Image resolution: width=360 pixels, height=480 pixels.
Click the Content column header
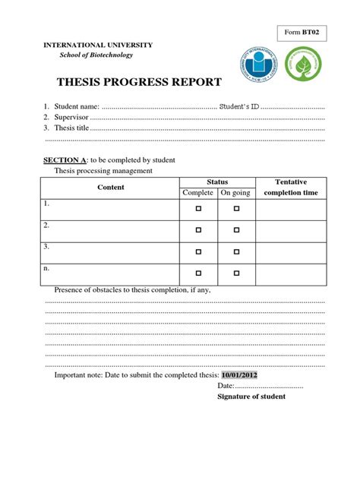coord(111,188)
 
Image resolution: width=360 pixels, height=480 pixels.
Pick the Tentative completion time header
coord(291,188)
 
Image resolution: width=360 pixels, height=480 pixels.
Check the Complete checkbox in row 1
coord(198,208)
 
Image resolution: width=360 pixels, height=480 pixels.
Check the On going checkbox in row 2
coord(236,229)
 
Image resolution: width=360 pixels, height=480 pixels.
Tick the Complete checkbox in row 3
coord(198,251)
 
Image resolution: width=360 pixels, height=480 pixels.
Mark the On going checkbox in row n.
coord(236,272)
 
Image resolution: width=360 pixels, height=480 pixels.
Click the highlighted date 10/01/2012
coord(239,374)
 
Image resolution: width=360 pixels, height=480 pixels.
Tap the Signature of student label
coord(251,396)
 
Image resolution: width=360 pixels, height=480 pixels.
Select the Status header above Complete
coord(217,182)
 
